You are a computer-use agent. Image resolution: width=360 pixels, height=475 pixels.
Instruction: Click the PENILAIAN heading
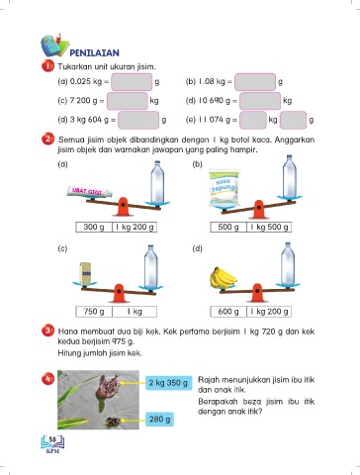tap(94, 52)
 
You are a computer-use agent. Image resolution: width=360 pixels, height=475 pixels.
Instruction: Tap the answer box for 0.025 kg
tap(132, 82)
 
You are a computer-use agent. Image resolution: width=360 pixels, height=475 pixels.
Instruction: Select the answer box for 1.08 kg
tap(255, 82)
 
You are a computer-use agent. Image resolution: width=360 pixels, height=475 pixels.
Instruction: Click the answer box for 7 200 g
tap(128, 101)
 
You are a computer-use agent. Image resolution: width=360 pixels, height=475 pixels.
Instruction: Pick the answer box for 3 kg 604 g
tap(138, 120)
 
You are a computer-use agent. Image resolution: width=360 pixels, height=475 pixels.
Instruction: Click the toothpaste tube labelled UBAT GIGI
tap(89, 192)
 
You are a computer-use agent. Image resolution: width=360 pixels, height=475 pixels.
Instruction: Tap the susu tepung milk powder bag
tap(225, 189)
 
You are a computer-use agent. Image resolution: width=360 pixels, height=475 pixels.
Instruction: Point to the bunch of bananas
tap(223, 278)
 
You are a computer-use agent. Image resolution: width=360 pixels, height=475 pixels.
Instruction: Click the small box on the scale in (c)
tap(85, 273)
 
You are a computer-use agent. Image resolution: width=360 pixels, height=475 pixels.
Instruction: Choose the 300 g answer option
tap(94, 227)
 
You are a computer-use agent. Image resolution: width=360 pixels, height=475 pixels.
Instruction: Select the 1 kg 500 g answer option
tap(269, 227)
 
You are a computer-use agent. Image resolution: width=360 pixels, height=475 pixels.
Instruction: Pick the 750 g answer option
tap(94, 312)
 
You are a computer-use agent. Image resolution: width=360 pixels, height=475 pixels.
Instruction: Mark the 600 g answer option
tap(228, 312)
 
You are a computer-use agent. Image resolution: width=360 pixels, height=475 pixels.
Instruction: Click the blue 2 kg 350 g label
tap(168, 383)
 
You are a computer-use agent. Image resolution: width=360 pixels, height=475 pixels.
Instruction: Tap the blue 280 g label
tap(159, 420)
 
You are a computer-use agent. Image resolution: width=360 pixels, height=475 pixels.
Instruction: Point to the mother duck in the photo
tap(107, 387)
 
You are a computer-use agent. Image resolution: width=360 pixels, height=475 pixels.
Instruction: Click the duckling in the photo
tap(113, 422)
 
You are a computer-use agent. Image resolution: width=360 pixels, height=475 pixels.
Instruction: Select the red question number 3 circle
tap(47, 331)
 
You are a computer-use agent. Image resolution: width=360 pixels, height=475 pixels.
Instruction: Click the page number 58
tap(52, 439)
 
